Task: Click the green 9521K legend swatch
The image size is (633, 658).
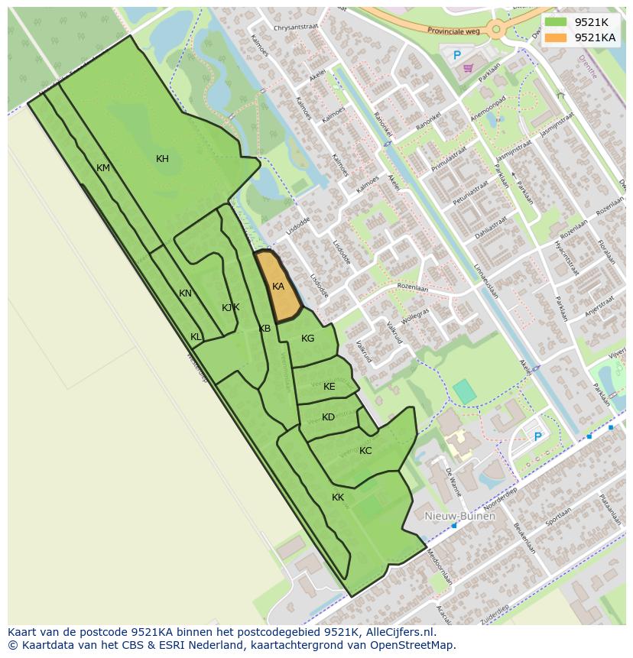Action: click(x=556, y=23)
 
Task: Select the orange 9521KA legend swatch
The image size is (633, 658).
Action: click(x=556, y=37)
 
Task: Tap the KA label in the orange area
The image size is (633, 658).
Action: click(x=278, y=287)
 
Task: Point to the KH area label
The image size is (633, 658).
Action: click(x=162, y=159)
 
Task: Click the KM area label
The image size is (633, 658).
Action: click(x=103, y=168)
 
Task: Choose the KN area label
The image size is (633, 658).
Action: click(x=185, y=293)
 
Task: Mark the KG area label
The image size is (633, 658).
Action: click(x=307, y=339)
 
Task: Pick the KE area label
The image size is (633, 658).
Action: click(x=329, y=387)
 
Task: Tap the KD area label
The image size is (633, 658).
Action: click(x=328, y=417)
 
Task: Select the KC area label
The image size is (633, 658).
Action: click(x=365, y=451)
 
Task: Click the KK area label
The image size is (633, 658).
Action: click(x=337, y=498)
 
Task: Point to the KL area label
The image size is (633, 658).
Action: click(x=196, y=337)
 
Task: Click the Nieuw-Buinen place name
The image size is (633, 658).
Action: click(x=460, y=516)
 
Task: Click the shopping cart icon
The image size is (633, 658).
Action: click(x=468, y=68)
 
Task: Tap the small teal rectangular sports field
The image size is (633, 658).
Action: click(x=464, y=391)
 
